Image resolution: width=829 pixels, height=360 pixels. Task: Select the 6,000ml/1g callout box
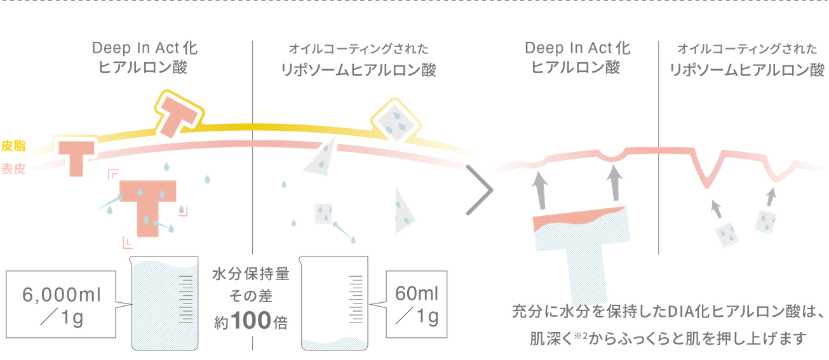pos(61,307)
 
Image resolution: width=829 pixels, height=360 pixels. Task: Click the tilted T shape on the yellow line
pos(178,114)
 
